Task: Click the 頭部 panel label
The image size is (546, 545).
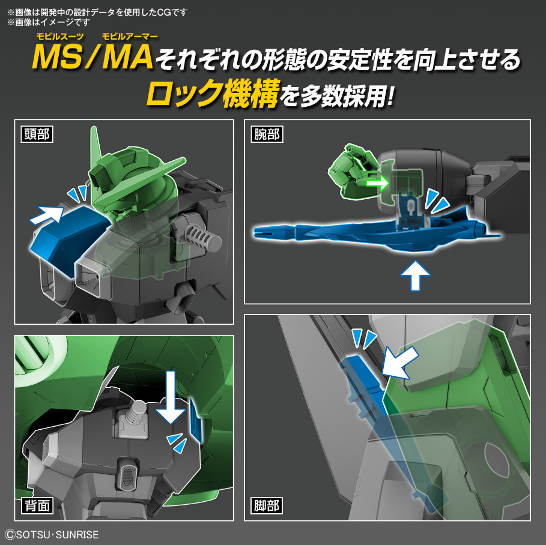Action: (36, 134)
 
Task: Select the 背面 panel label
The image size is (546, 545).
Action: (36, 505)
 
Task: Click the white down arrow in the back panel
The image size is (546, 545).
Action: (172, 400)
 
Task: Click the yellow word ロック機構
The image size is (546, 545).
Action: (213, 94)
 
